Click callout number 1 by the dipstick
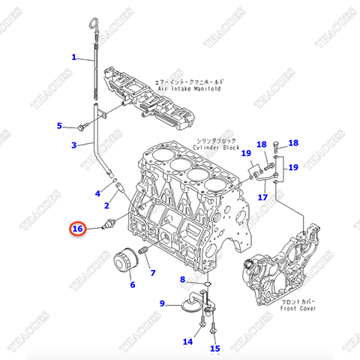(74, 57)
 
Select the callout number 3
(74, 145)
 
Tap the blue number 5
(60, 125)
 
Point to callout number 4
(97, 193)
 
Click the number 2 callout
(107, 205)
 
